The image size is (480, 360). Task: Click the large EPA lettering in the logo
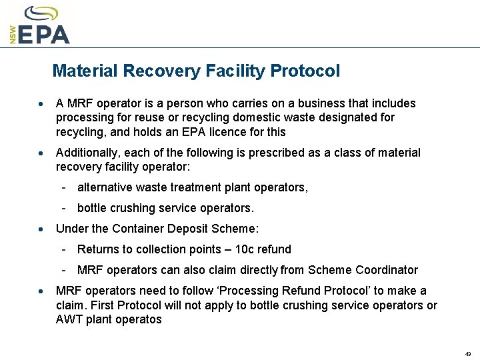(x=44, y=33)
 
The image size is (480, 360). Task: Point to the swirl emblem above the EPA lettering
(x=41, y=13)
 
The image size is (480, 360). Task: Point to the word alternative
(x=105, y=187)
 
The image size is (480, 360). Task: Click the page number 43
(x=468, y=353)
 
